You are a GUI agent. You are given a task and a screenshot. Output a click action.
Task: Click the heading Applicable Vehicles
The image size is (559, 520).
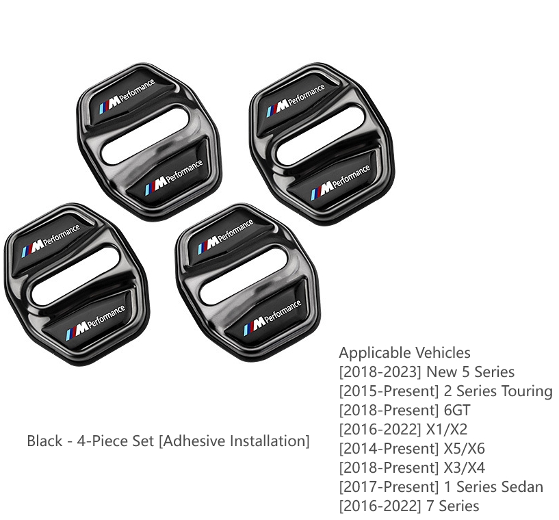pyautogui.click(x=404, y=353)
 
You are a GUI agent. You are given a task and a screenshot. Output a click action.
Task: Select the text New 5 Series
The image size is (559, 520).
pyautogui.click(x=471, y=372)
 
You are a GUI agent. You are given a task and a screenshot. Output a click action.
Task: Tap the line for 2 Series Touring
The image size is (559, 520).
pyautogui.click(x=445, y=391)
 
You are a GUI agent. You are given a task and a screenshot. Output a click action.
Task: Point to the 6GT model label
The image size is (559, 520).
pyautogui.click(x=457, y=410)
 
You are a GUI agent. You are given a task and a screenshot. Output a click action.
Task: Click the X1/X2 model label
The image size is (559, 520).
pyautogui.click(x=447, y=429)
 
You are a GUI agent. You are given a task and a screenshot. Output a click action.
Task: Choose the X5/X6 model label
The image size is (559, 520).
pyautogui.click(x=464, y=448)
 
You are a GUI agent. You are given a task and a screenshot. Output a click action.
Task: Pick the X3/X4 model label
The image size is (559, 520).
pyautogui.click(x=464, y=467)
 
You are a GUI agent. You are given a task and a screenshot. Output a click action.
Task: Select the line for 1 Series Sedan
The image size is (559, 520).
pyautogui.click(x=441, y=487)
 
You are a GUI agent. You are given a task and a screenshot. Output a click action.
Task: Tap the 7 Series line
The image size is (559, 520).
pyautogui.click(x=409, y=506)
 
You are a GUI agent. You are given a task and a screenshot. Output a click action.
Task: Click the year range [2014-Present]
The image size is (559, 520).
pyautogui.click(x=389, y=449)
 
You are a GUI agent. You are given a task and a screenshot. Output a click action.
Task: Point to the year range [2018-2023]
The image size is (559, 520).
pyautogui.click(x=380, y=372)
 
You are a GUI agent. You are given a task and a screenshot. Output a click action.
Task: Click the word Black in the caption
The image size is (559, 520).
pyautogui.click(x=44, y=441)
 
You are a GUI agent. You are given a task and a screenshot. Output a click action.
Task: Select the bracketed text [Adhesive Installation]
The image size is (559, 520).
pyautogui.click(x=234, y=441)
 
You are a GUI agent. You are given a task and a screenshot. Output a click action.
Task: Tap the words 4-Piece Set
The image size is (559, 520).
pyautogui.click(x=116, y=441)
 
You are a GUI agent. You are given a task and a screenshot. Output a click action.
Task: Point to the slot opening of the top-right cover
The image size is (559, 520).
pyautogui.click(x=320, y=135)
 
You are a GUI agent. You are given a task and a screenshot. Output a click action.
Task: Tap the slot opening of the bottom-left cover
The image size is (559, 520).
pyautogui.click(x=75, y=276)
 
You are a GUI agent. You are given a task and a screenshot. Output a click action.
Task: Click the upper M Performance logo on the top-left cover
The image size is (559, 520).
pyautogui.click(x=127, y=96)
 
